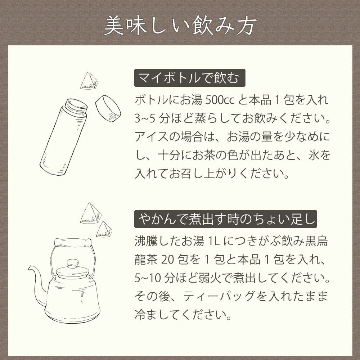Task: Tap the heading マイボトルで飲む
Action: tap(189, 78)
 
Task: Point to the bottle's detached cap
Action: tap(108, 108)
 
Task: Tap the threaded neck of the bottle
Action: tap(76, 107)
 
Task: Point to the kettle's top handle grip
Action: tap(73, 242)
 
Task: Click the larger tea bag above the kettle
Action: tap(90, 214)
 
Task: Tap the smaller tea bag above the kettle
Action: tap(104, 230)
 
